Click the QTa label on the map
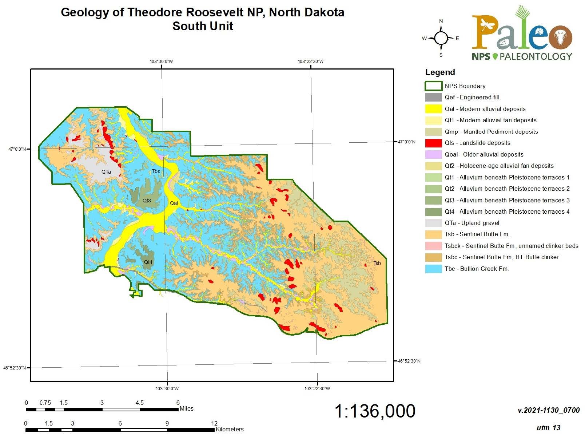(106, 172)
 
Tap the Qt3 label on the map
(147, 201)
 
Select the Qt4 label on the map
(148, 262)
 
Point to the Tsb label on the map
(377, 263)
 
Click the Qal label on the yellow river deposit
(174, 203)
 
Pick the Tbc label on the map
(156, 171)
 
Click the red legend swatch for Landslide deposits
(433, 143)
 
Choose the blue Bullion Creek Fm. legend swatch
(433, 269)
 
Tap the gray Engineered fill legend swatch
(433, 98)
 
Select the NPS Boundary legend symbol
(433, 86)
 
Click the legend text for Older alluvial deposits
(484, 154)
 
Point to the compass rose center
(441, 38)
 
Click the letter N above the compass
(441, 21)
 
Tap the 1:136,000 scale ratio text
(374, 411)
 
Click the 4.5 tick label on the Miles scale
(139, 403)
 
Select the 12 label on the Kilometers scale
(214, 423)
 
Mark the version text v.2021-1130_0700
(548, 410)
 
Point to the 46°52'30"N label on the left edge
(15, 368)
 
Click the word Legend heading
(440, 72)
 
